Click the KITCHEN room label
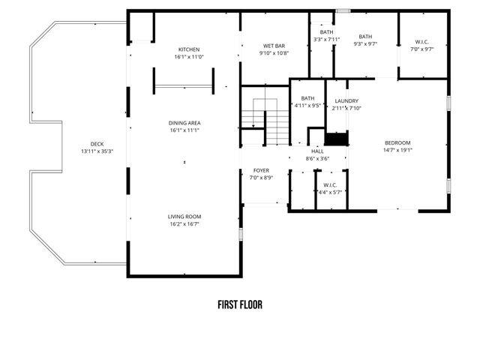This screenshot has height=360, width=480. (188, 49)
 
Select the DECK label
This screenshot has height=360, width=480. (96, 144)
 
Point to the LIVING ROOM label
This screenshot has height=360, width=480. (184, 216)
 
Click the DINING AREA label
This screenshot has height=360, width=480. (184, 123)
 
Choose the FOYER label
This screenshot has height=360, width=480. (261, 170)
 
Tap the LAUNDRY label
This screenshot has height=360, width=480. (346, 100)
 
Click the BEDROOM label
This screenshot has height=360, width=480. (398, 142)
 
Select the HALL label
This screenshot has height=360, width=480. (317, 151)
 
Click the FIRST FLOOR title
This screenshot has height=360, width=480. (240, 305)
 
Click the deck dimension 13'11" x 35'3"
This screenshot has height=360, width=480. (96, 151)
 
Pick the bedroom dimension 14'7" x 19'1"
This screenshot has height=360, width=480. (398, 149)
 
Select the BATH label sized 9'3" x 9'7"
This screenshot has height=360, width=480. (365, 37)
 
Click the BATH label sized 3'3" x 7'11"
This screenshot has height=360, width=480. (326, 32)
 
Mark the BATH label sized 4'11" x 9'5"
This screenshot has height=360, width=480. (308, 98)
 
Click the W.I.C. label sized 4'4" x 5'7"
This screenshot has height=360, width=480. (330, 185)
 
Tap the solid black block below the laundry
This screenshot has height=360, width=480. (337, 139)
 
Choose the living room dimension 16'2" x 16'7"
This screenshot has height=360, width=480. (184, 223)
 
